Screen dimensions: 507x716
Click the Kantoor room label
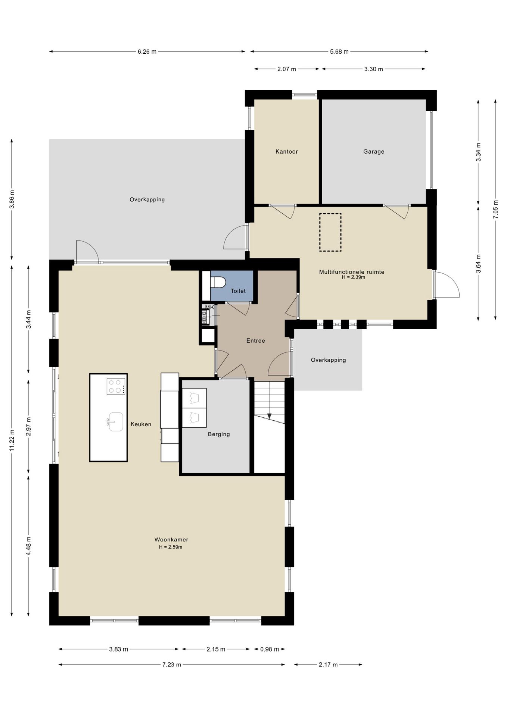(286, 151)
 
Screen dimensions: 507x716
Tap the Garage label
(374, 151)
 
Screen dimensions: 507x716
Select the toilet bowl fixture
(218, 282)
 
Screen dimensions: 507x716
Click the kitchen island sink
(115, 422)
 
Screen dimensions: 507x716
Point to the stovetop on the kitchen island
(116, 386)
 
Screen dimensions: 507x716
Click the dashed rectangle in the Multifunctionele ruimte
(330, 232)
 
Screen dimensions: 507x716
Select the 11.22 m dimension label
(12, 440)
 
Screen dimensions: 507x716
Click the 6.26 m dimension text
(147, 51)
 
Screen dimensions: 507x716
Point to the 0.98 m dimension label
(270, 649)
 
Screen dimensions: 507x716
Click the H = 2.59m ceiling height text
(171, 547)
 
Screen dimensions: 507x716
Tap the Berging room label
(219, 434)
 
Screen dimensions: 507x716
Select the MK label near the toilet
(209, 307)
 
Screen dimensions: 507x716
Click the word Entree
(256, 340)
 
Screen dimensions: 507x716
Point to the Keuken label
(141, 424)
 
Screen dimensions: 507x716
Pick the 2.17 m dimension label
(328, 665)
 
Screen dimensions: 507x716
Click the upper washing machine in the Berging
(194, 398)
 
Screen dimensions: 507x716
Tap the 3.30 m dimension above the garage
(374, 69)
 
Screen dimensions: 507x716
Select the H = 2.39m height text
(353, 277)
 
